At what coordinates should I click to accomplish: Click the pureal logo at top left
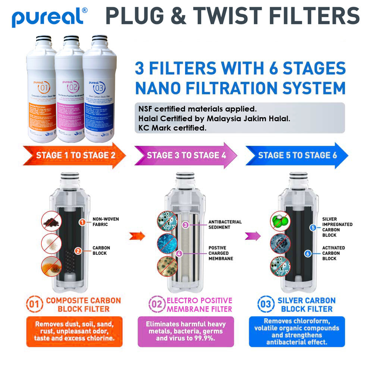tap(50, 16)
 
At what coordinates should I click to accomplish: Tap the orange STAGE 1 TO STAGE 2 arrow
tap(75, 156)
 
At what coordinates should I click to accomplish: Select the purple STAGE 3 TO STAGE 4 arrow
tap(186, 155)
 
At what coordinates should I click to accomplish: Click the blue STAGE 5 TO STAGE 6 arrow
tap(297, 155)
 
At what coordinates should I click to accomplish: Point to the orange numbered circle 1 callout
tap(82, 222)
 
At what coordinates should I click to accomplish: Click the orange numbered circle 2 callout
tap(78, 251)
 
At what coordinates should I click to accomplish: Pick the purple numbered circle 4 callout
tap(179, 253)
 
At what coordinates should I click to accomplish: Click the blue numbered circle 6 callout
tap(308, 254)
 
